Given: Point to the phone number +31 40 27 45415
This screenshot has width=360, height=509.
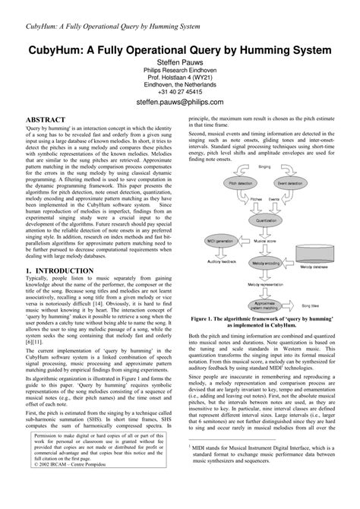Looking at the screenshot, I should tap(180, 90).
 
